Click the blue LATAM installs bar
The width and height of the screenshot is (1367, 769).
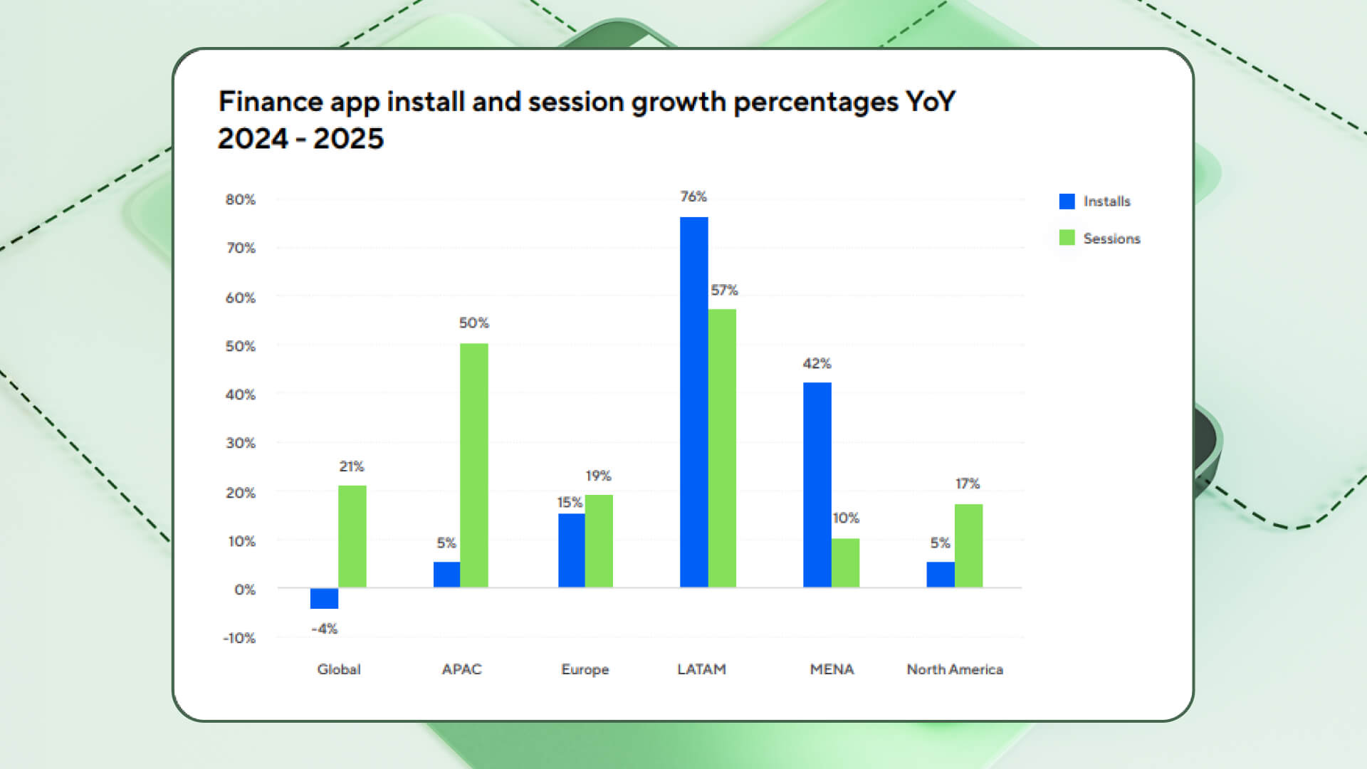tap(693, 402)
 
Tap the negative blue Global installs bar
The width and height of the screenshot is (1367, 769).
tap(324, 598)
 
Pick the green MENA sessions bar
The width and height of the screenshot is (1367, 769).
tap(845, 563)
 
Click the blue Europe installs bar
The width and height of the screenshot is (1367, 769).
tap(571, 550)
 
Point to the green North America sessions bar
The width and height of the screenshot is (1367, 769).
tap(968, 545)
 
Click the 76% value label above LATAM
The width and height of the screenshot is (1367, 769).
tap(693, 197)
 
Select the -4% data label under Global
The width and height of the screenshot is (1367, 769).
tap(324, 629)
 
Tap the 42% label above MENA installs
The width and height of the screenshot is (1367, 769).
tap(817, 364)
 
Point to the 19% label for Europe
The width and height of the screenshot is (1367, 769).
tap(598, 476)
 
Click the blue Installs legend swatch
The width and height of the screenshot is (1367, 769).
tap(1067, 202)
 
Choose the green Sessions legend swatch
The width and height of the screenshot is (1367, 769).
tap(1067, 238)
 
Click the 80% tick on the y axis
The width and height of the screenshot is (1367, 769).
tap(241, 200)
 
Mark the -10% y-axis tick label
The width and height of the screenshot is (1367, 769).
tap(239, 638)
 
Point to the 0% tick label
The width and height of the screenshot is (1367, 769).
tap(244, 590)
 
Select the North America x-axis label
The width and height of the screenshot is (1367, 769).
tap(954, 669)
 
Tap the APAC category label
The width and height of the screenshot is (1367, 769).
tap(461, 669)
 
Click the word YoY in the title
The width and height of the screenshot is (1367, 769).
tap(931, 102)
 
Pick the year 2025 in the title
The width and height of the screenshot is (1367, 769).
tap(348, 139)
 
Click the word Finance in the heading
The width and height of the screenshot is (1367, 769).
tap(271, 102)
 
